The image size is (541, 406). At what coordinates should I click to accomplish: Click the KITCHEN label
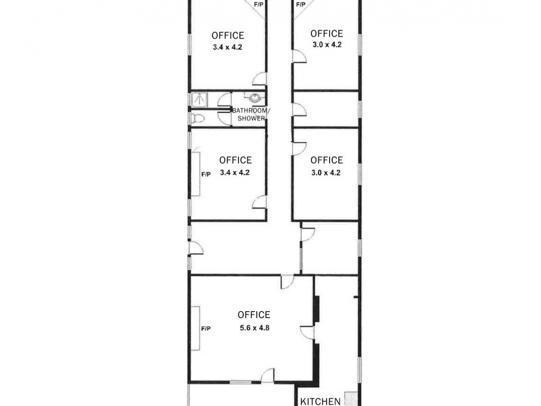[x=321, y=401]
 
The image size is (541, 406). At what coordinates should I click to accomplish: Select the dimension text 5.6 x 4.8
[x=254, y=328]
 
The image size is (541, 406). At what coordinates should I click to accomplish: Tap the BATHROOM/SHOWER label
[x=251, y=114]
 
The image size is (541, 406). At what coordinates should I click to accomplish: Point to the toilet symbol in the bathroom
[x=197, y=118]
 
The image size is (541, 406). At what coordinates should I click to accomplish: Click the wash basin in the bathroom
[x=254, y=97]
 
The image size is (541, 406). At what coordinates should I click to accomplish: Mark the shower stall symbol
[x=198, y=99]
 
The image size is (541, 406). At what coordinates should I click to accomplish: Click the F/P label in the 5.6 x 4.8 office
[x=206, y=328]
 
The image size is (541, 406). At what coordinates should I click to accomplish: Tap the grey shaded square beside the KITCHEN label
[x=350, y=399]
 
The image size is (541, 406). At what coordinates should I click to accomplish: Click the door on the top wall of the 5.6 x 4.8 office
[x=287, y=281]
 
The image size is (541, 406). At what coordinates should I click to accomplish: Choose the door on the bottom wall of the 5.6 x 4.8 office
[x=268, y=376]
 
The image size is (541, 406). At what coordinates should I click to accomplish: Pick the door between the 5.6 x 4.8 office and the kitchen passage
[x=316, y=330]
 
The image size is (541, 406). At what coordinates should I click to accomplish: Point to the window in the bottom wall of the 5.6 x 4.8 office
[x=240, y=383]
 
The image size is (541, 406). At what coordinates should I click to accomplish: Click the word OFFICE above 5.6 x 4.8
[x=254, y=315]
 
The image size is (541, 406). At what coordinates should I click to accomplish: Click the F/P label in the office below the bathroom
[x=206, y=174]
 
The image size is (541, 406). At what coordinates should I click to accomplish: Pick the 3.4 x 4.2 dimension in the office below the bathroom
[x=235, y=173]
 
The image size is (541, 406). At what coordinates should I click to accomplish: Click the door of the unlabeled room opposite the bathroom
[x=298, y=110]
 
